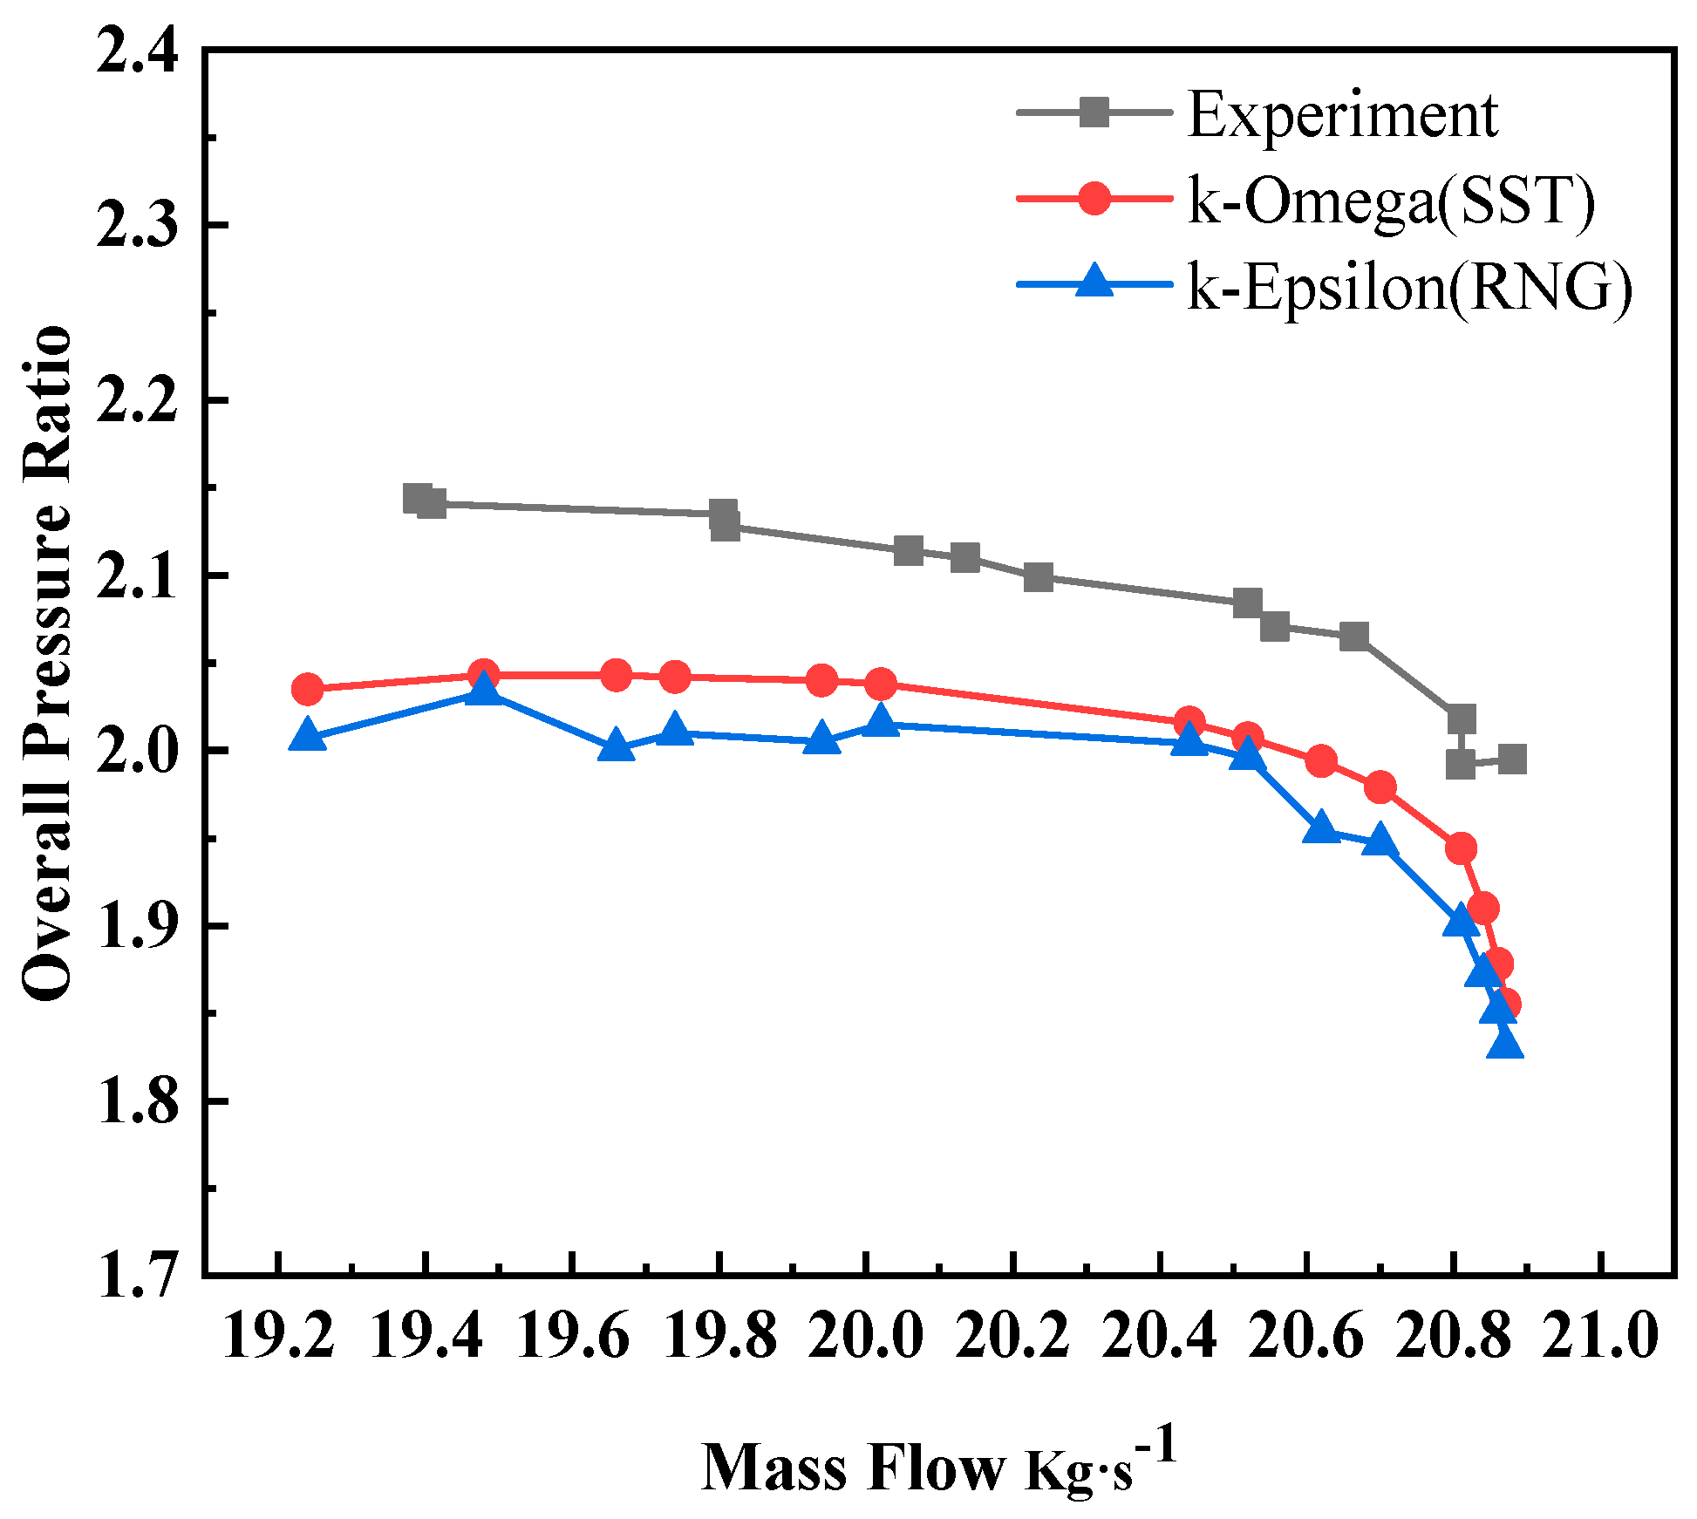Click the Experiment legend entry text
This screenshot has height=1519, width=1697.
pyautogui.click(x=1343, y=115)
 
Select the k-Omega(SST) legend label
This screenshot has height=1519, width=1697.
pyautogui.click(x=1392, y=201)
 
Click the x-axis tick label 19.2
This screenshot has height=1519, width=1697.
pyautogui.click(x=278, y=1337)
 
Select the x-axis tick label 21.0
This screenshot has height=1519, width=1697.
pyautogui.click(x=1600, y=1337)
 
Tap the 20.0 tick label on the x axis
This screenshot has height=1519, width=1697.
pyautogui.click(x=866, y=1337)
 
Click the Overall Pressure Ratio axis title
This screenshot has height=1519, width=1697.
pyautogui.click(x=48, y=663)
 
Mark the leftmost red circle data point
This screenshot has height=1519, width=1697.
pyautogui.click(x=307, y=690)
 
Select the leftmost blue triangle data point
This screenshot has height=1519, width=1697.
pyautogui.click(x=307, y=735)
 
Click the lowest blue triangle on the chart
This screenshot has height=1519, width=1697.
pyautogui.click(x=1505, y=1044)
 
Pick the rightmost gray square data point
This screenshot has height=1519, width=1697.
pyautogui.click(x=1512, y=759)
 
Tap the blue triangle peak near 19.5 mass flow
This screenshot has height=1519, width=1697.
pyautogui.click(x=483, y=691)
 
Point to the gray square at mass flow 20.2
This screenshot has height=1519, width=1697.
pyautogui.click(x=1038, y=576)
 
